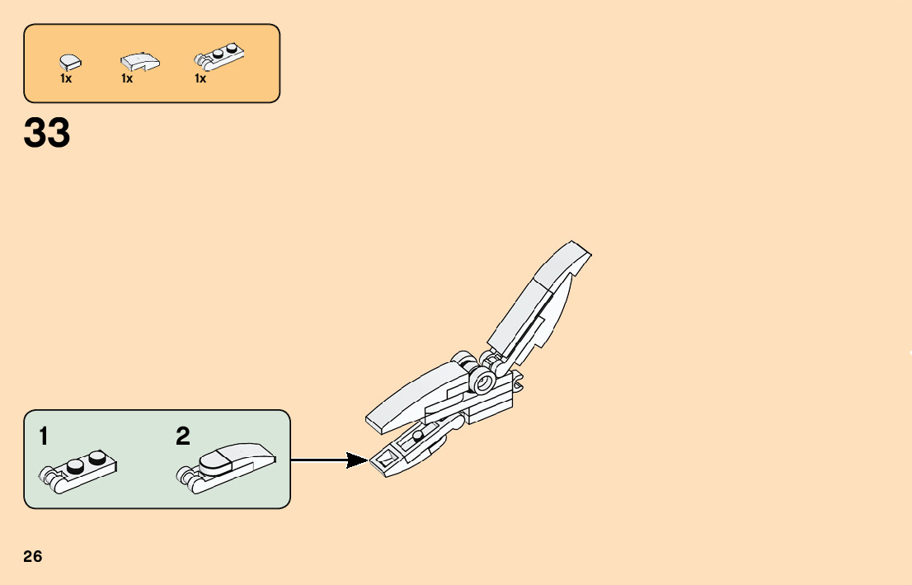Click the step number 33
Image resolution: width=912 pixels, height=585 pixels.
47,134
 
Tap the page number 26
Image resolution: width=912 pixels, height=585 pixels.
33,556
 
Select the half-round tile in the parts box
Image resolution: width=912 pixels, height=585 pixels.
69,61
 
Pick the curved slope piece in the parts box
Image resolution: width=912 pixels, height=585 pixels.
140,62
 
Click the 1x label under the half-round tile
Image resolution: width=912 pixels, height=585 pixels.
66,79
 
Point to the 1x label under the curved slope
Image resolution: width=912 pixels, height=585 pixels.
127,79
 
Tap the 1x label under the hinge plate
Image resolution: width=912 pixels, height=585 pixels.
200,79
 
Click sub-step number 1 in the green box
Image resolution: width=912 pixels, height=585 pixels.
44,437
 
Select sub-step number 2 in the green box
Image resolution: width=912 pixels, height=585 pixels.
183,437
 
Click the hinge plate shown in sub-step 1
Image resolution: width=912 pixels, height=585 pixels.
78,473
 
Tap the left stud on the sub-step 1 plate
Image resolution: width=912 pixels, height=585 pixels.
76,466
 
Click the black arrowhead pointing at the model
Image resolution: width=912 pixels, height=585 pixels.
358,460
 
